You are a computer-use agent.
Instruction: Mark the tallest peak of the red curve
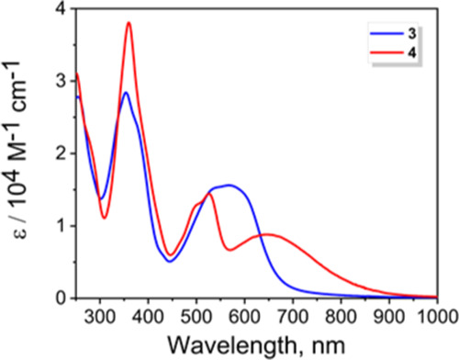129,22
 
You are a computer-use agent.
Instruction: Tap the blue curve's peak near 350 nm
126,92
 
